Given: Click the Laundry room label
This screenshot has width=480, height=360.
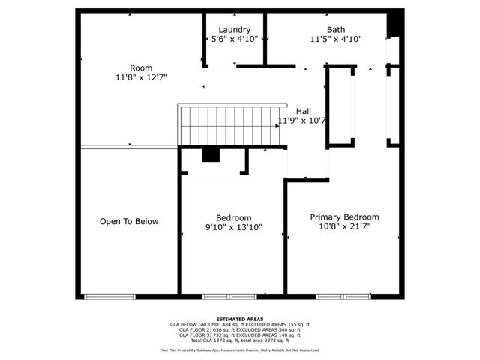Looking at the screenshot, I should pyautogui.click(x=234, y=30).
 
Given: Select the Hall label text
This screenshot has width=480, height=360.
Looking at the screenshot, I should pyautogui.click(x=303, y=111).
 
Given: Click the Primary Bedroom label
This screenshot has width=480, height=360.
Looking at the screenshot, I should pyautogui.click(x=344, y=216).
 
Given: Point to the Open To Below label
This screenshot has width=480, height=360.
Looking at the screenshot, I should pyautogui.click(x=129, y=221).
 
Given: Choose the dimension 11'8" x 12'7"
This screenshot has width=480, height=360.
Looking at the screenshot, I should pyautogui.click(x=140, y=76).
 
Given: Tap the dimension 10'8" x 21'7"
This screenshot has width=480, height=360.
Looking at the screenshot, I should pyautogui.click(x=344, y=225).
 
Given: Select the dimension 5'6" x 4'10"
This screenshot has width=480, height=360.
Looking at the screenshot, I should pyautogui.click(x=234, y=39).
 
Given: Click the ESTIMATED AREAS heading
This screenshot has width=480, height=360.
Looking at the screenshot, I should pyautogui.click(x=239, y=318).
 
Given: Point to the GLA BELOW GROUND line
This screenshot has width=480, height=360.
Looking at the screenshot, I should pyautogui.click(x=239, y=324).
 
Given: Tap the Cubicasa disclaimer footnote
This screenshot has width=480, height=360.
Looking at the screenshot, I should pyautogui.click(x=239, y=349).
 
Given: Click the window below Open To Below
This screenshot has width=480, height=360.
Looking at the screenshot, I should pyautogui.click(x=109, y=296).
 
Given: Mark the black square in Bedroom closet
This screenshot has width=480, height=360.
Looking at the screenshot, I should pyautogui.click(x=211, y=155).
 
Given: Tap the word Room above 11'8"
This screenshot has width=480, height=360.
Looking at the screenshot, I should pyautogui.click(x=140, y=67).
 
